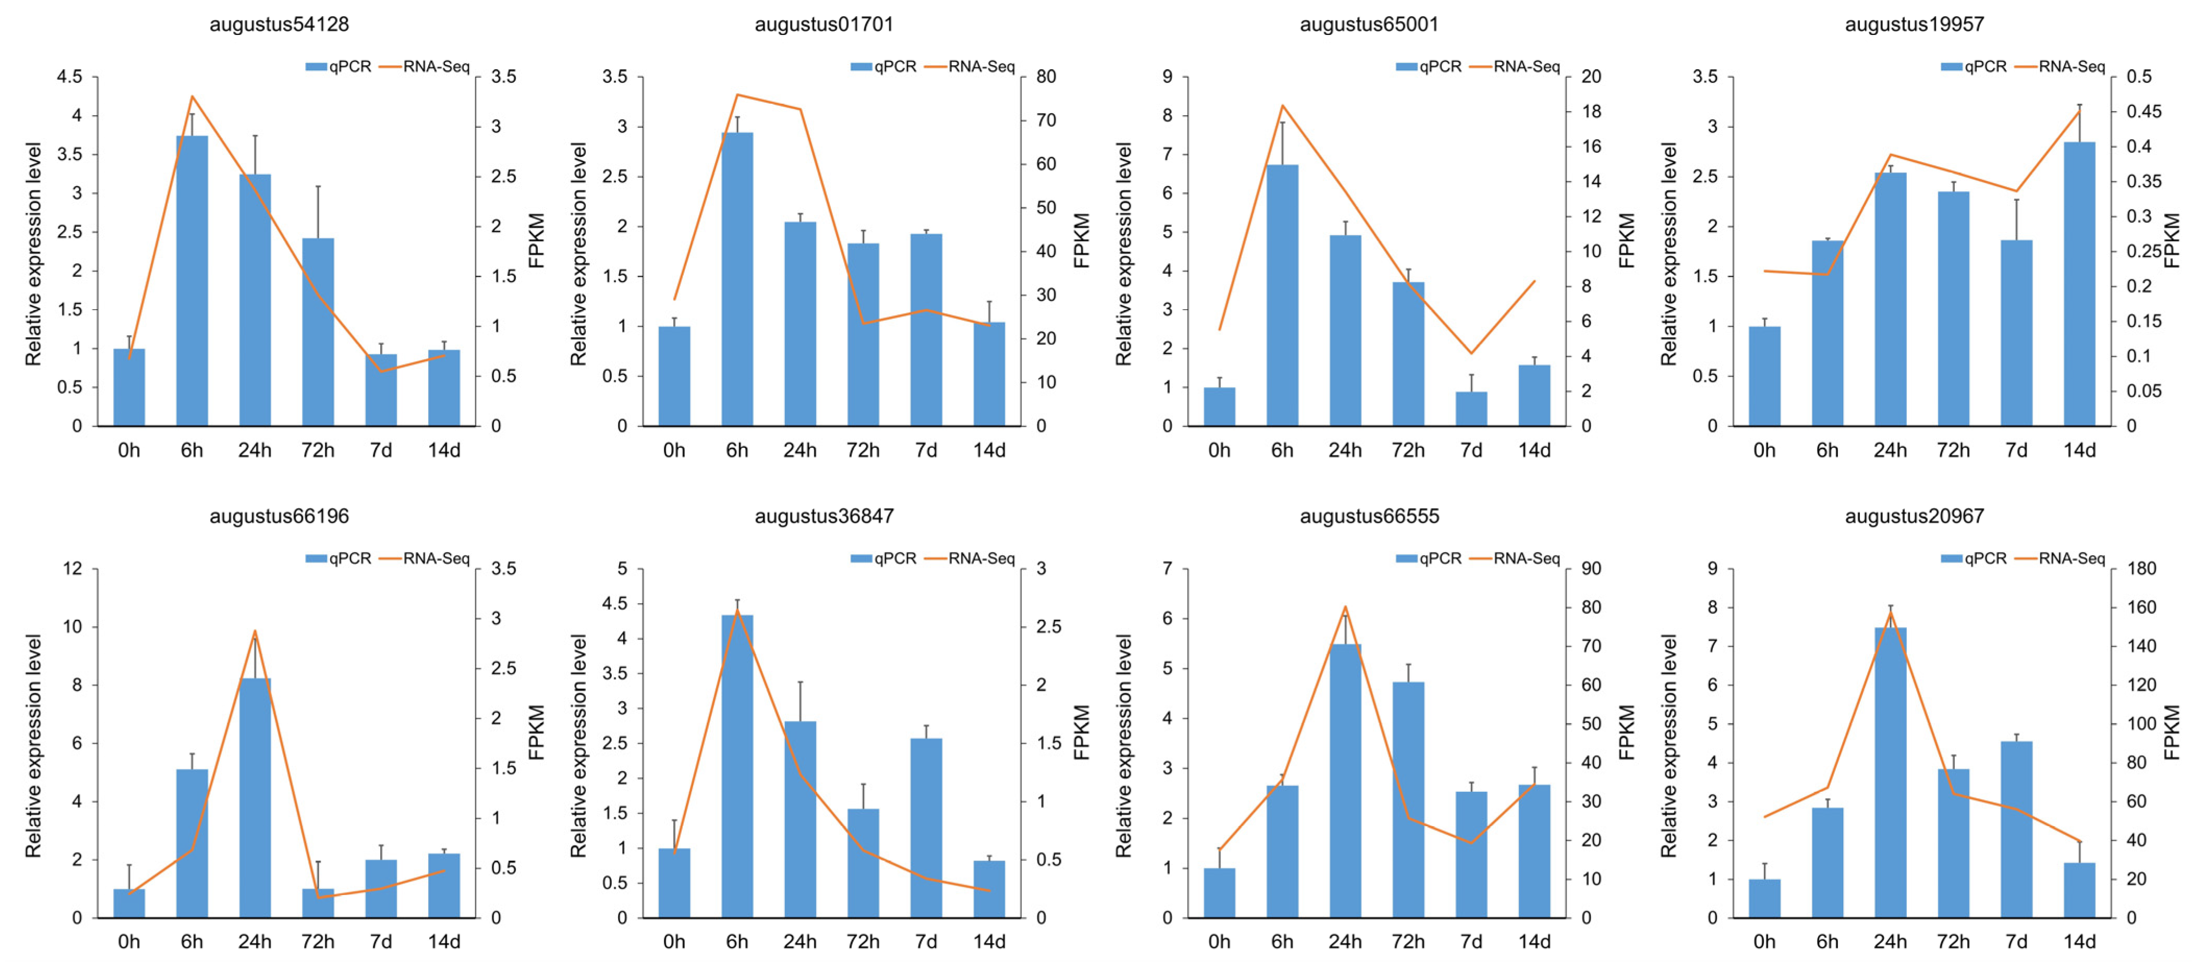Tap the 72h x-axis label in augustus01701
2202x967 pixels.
pyautogui.click(x=863, y=450)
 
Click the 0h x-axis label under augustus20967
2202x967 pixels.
pyautogui.click(x=1764, y=941)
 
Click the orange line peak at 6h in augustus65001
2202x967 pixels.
pyautogui.click(x=1282, y=106)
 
